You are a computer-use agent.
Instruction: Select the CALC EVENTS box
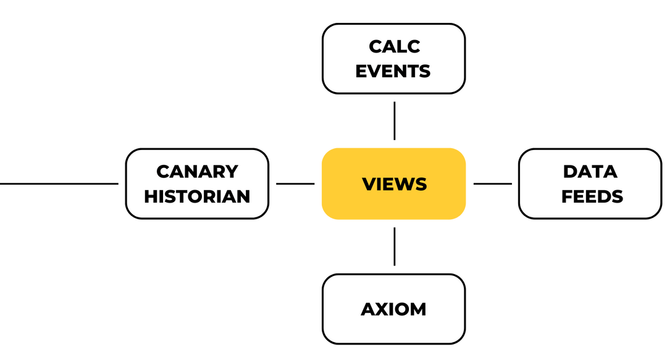[393, 59]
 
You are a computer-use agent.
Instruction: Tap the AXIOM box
[393, 309]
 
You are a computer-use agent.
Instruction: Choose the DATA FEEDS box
[590, 184]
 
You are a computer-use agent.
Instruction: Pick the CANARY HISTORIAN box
[197, 183]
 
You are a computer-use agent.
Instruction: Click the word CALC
[393, 47]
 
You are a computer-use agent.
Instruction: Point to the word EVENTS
[393, 71]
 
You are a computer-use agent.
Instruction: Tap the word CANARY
[197, 171]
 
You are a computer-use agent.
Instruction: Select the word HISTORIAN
[197, 196]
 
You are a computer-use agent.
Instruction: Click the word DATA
[590, 171]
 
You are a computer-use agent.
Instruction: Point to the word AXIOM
[393, 309]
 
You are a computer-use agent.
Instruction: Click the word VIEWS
[393, 184]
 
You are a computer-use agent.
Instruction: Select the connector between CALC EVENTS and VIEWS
[394, 122]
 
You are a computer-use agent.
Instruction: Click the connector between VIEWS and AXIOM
[394, 246]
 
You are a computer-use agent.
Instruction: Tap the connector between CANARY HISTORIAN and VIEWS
[295, 183]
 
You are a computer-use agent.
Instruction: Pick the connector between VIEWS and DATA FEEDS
[492, 183]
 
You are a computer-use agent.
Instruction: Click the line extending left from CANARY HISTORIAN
[59, 183]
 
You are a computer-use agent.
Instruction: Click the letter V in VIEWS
[368, 184]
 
